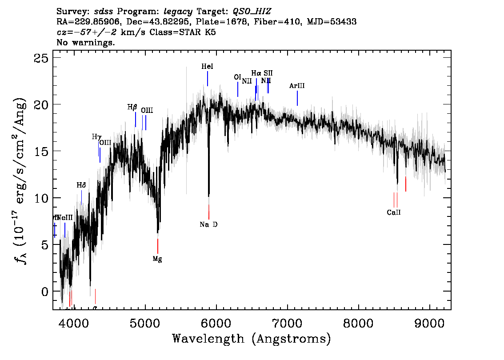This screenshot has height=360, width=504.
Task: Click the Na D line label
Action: click(x=208, y=224)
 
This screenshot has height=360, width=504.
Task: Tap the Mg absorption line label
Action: click(x=157, y=259)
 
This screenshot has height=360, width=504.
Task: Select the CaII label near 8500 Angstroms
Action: click(x=393, y=212)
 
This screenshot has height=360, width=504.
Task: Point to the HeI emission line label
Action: click(x=207, y=67)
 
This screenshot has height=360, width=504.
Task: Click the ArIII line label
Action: click(x=297, y=86)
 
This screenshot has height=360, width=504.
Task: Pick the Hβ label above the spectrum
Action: click(x=132, y=108)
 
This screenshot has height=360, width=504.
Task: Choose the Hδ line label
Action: click(x=81, y=185)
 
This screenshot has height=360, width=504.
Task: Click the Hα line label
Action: click(x=256, y=73)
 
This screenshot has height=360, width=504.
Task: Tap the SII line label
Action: click(x=268, y=73)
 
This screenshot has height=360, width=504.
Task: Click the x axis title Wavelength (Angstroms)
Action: click(x=252, y=339)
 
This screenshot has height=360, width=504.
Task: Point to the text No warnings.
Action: click(x=86, y=43)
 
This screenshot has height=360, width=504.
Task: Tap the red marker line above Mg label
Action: click(x=158, y=246)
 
